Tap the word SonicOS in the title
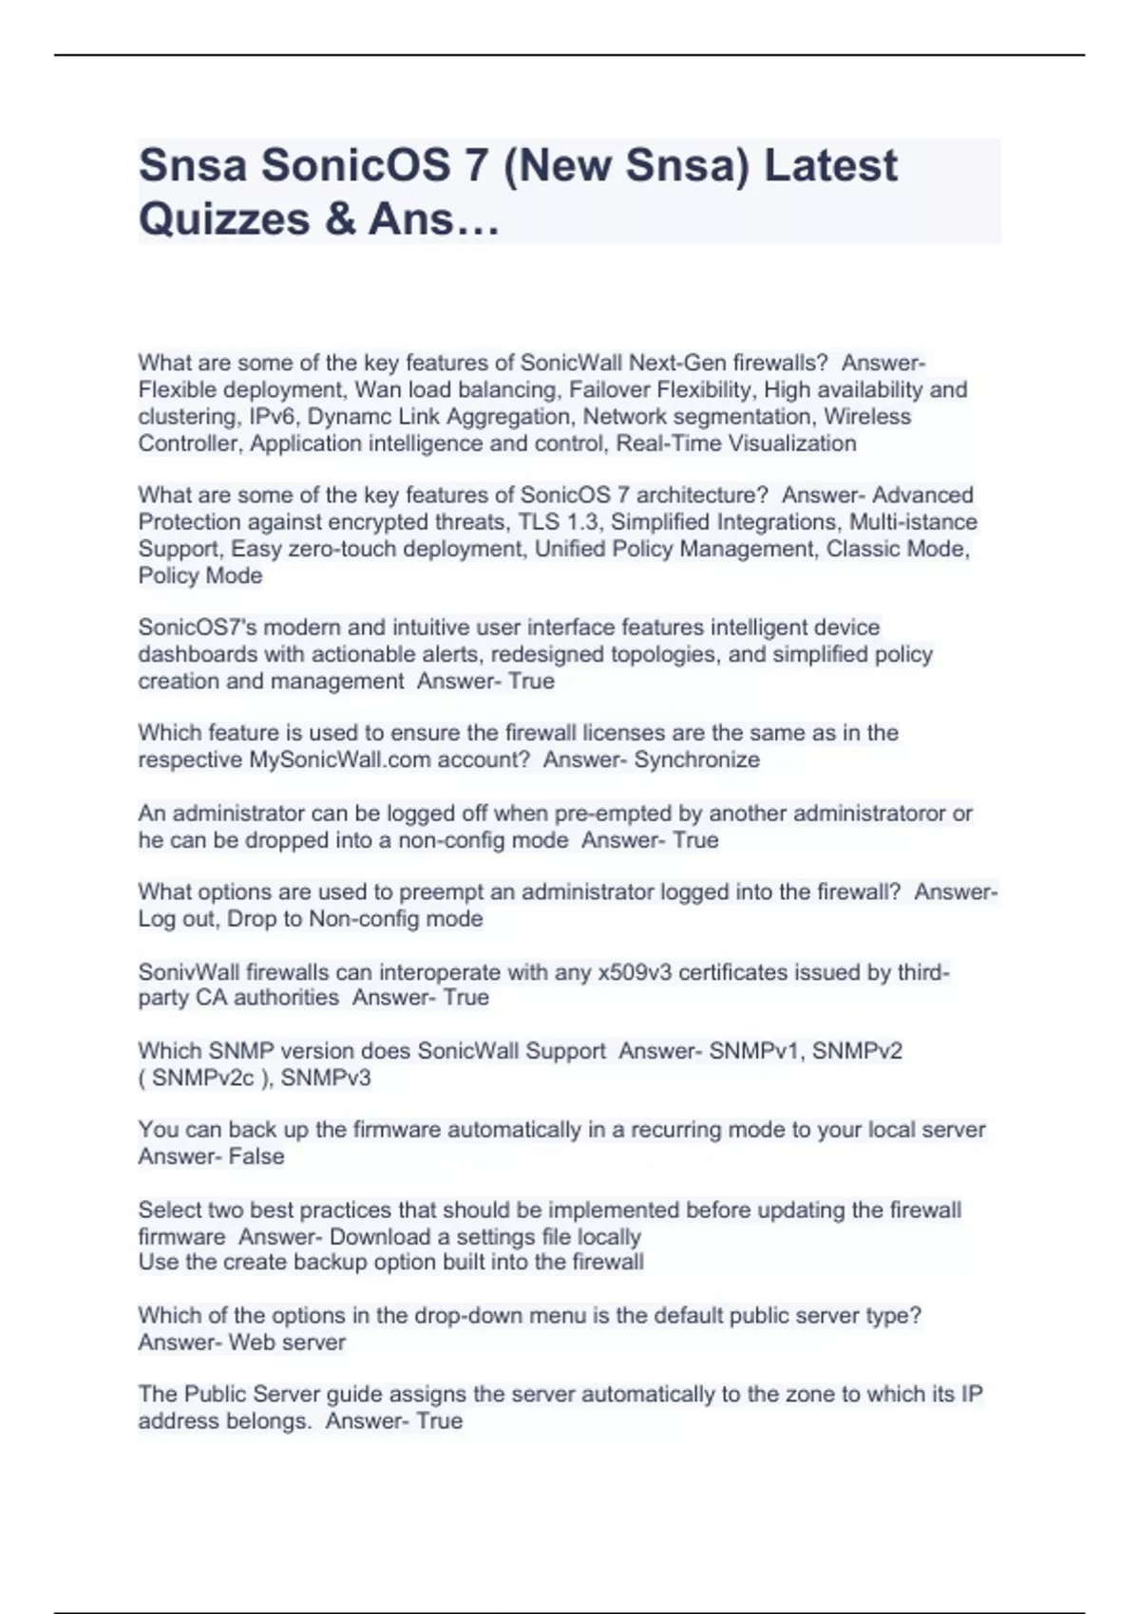(355, 165)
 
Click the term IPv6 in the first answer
(273, 417)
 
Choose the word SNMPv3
(326, 1078)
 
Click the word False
(256, 1156)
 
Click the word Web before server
(252, 1342)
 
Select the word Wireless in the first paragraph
(867, 417)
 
